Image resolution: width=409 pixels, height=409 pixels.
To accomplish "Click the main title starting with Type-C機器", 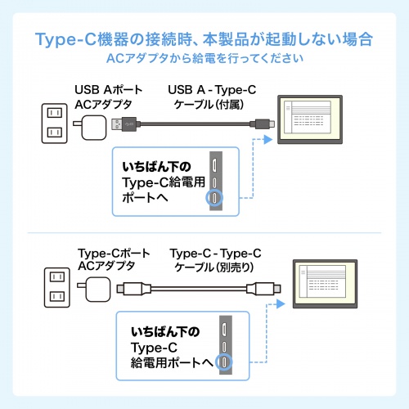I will click(x=204, y=39).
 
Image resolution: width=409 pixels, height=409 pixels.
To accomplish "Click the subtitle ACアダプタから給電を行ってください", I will click(x=204, y=59).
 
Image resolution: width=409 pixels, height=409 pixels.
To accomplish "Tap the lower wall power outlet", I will click(x=55, y=289).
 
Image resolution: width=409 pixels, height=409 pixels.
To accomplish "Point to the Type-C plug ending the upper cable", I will click(x=262, y=124).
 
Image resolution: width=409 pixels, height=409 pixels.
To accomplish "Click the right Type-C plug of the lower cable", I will click(x=263, y=289).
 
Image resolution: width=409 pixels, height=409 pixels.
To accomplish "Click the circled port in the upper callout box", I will click(x=214, y=198).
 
